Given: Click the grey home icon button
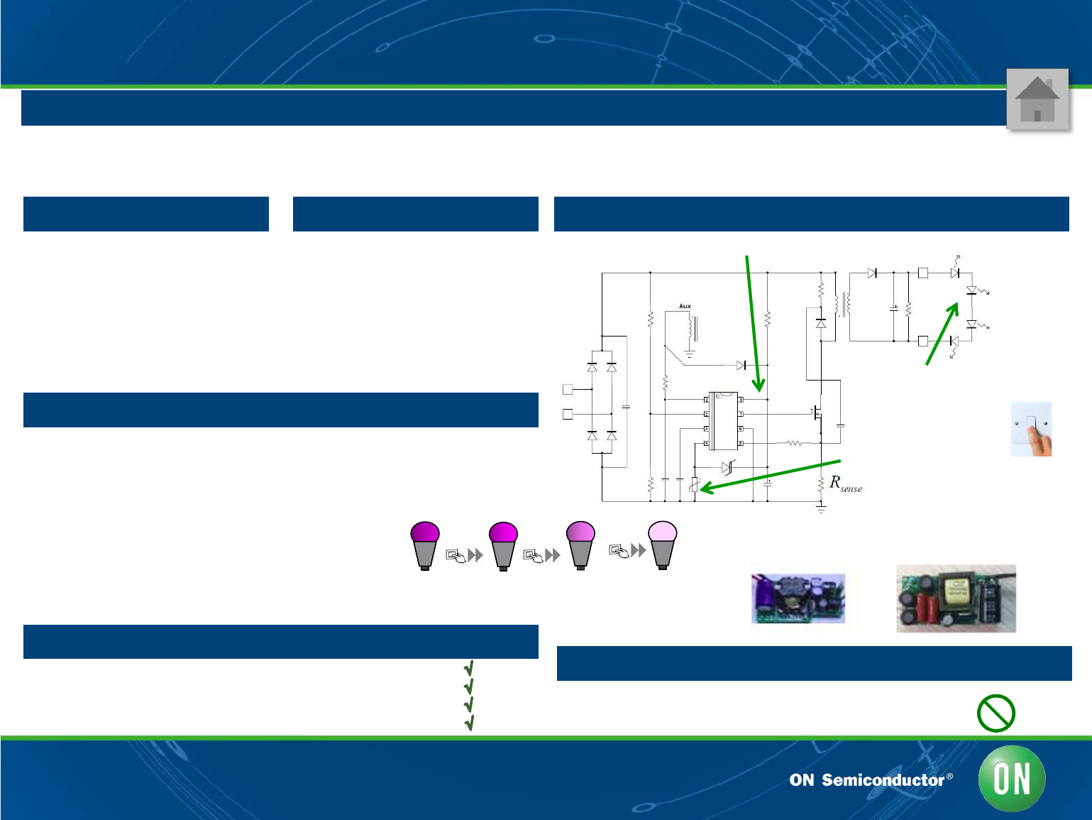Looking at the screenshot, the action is click(x=1037, y=99).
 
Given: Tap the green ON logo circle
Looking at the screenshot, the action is click(x=1012, y=779).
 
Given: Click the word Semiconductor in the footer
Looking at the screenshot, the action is click(x=883, y=780).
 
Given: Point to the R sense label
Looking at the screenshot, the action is click(x=845, y=483).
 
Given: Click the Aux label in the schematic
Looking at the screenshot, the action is click(x=685, y=306).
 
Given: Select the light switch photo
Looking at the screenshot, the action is click(x=1031, y=429).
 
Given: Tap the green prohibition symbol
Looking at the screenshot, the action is click(x=996, y=713).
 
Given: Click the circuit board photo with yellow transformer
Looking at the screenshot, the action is click(x=956, y=598).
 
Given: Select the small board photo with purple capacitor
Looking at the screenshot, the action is click(x=798, y=598).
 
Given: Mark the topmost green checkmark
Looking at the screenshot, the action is click(x=469, y=668).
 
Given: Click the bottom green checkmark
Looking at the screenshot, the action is click(x=469, y=723).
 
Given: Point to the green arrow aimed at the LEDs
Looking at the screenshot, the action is click(x=942, y=334).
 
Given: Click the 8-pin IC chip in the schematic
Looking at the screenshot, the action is click(x=723, y=421).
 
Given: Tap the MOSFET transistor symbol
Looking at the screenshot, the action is click(x=817, y=412).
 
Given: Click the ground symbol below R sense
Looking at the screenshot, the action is click(x=821, y=508).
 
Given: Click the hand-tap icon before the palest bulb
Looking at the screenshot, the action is click(x=619, y=550).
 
